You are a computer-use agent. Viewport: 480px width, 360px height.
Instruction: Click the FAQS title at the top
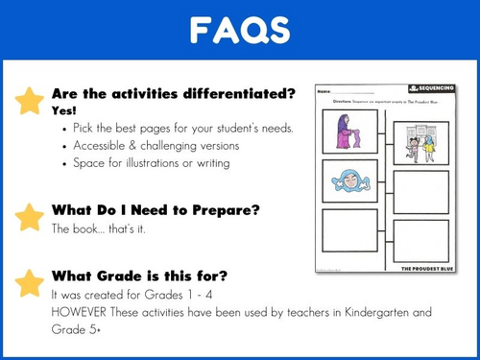(239, 32)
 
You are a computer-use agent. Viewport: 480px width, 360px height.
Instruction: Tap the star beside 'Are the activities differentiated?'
(30, 99)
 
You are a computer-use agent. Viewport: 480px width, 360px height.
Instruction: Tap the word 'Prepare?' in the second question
(231, 210)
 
